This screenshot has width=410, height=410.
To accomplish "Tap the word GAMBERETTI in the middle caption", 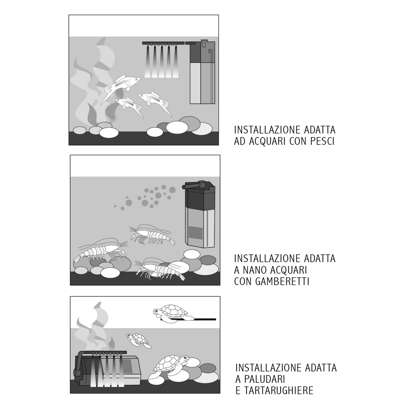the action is (x=282, y=281).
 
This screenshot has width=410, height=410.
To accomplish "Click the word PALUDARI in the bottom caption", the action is (x=264, y=379).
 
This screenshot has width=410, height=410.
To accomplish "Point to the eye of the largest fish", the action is (x=136, y=80).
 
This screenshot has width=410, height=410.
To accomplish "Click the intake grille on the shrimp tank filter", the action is (x=195, y=233).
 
